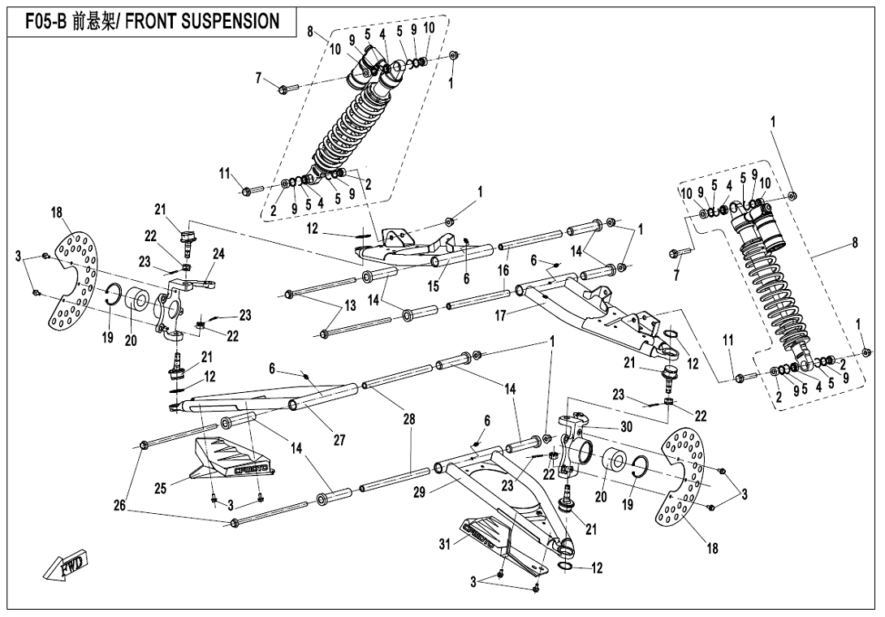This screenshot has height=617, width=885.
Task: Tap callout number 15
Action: point(434,285)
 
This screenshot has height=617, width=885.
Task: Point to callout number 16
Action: point(503,270)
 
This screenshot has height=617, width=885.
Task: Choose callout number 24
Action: point(218,253)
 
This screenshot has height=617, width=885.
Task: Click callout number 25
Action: point(161,488)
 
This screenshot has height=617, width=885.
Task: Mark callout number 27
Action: point(339,440)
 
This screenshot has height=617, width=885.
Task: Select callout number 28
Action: point(410,419)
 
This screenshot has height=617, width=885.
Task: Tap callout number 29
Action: point(419,493)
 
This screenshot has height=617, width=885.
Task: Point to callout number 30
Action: point(626,428)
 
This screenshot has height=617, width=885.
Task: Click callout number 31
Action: point(444,545)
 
